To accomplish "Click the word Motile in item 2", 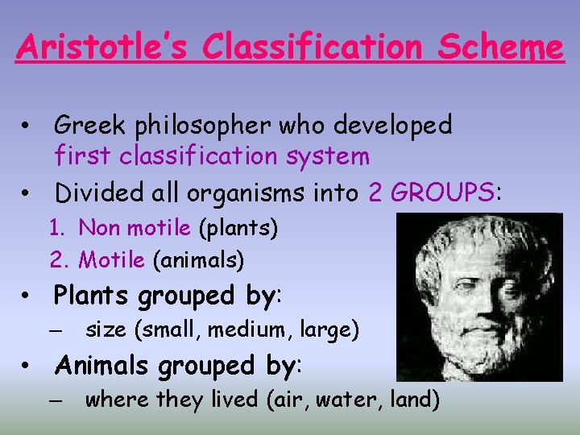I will click(x=111, y=260).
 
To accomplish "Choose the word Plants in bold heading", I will click(x=91, y=296).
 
